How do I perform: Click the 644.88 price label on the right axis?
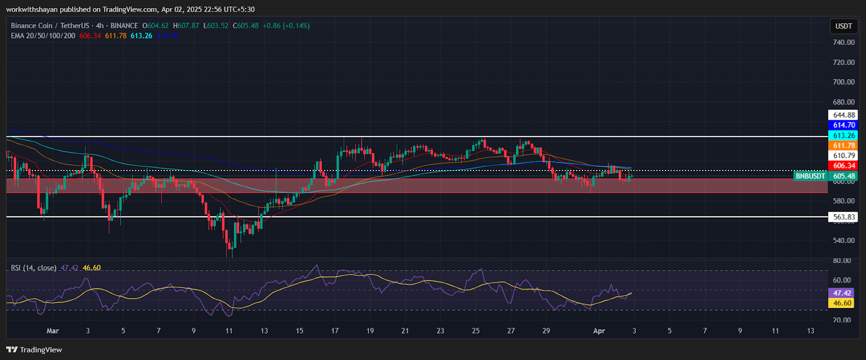(x=843, y=115)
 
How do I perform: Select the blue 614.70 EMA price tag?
(x=843, y=125)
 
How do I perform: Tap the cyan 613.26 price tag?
(x=843, y=135)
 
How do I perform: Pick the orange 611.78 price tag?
(x=843, y=146)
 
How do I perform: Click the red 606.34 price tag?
(x=843, y=166)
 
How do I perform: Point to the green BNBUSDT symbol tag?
(x=810, y=176)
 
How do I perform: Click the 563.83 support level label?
(x=843, y=217)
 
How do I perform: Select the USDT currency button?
(x=843, y=26)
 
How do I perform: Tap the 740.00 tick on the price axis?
(x=843, y=42)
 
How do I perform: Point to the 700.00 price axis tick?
(x=843, y=82)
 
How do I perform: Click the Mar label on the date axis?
(x=53, y=331)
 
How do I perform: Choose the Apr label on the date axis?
(x=599, y=331)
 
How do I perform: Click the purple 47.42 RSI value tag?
(x=842, y=293)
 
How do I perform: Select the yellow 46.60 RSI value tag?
(x=842, y=303)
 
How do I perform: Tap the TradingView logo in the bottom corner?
(x=35, y=350)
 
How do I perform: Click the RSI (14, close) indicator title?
(x=34, y=268)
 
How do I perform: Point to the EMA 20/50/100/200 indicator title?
(x=43, y=36)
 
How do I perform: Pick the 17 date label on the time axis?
(x=335, y=331)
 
